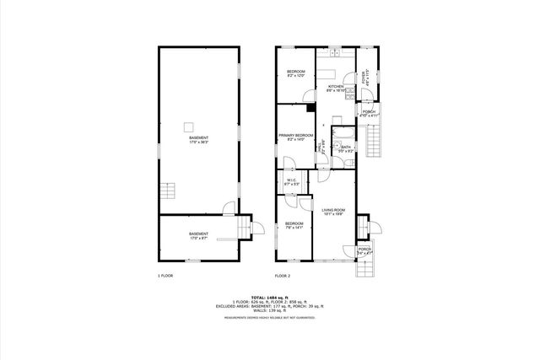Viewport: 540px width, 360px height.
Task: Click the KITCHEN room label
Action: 335,87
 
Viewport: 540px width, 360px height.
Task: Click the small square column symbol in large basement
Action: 187,127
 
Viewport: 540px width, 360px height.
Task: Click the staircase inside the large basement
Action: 169,191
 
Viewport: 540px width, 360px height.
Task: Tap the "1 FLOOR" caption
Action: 165,276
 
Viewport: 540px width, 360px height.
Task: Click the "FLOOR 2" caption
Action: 283,276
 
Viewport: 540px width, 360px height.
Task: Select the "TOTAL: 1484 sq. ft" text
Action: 270,297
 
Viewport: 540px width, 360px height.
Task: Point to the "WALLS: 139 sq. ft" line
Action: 270,310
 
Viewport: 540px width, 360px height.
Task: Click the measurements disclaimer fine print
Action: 270,317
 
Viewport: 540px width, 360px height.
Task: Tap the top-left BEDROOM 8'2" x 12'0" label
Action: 295,73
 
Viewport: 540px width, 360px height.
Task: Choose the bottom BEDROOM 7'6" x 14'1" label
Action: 293,226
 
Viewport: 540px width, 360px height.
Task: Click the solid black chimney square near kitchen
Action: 311,107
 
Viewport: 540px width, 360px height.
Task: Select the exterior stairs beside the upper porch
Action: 375,135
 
